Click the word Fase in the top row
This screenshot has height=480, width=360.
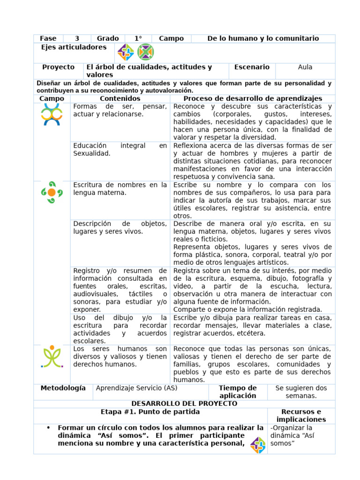tap(48, 38)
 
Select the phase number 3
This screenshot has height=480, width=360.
tap(77, 38)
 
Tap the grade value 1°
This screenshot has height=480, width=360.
tap(138, 38)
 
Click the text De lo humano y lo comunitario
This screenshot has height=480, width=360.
tap(263, 38)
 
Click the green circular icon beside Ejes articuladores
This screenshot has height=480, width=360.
tap(145, 52)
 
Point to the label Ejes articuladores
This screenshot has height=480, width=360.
tap(74, 47)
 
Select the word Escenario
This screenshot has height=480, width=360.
tap(252, 67)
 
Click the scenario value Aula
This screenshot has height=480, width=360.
tap(305, 67)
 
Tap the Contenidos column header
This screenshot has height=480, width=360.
tap(120, 98)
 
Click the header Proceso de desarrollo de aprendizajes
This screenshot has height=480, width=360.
tap(253, 98)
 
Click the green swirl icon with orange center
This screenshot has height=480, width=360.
tap(52, 192)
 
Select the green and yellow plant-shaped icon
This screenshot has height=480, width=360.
tap(52, 357)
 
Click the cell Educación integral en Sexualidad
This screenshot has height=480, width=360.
tap(120, 150)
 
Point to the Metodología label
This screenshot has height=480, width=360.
tap(63, 388)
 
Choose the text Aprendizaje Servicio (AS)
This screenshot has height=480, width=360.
tap(136, 388)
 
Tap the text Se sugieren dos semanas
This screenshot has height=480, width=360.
tap(301, 391)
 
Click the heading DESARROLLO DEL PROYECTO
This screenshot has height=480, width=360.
tap(184, 404)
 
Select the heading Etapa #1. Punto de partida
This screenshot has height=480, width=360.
tap(150, 412)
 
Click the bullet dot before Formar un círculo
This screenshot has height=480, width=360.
tap(48, 428)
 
